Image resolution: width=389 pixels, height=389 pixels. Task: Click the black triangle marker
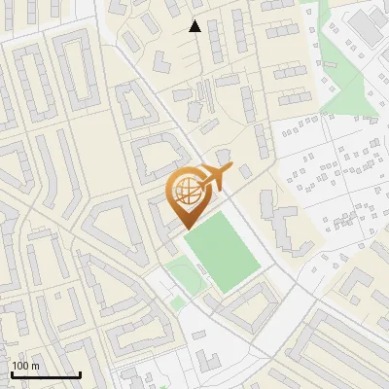pos(194,27)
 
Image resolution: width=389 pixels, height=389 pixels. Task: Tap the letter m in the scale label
pos(36,366)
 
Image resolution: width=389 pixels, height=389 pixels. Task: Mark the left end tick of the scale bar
pos(12,374)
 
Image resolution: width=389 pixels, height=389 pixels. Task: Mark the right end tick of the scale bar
pos(80,374)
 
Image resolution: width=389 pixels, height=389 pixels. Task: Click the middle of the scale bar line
pos(46,376)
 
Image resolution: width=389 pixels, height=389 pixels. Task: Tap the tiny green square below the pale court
pos(177,303)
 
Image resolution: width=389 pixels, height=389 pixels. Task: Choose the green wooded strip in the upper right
pos(342,73)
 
